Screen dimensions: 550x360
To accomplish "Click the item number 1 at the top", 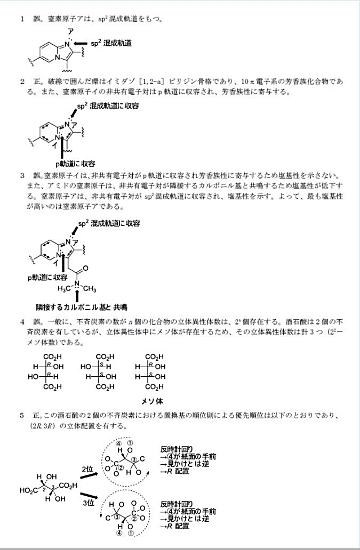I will click(22, 19).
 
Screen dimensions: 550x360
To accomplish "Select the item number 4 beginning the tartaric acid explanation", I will click(22, 322).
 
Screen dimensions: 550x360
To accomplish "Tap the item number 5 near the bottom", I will click(22, 414).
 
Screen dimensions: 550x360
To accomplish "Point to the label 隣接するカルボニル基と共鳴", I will click(77, 308).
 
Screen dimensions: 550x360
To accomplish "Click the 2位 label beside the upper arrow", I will click(88, 468).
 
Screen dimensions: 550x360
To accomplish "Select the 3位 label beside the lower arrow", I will click(88, 503).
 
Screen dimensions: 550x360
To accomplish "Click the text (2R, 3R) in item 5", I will click(47, 426).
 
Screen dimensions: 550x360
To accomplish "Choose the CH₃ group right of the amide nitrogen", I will click(89, 289).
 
